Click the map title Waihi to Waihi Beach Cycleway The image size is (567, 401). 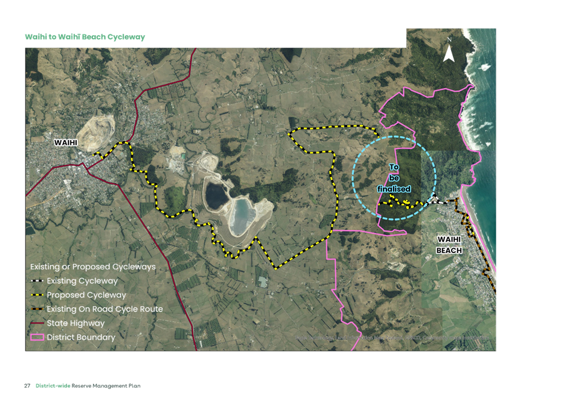(85, 37)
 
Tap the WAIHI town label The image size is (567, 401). (66, 143)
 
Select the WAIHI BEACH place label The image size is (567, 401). (449, 245)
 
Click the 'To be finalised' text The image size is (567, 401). (394, 178)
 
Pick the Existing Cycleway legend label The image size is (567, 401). (82, 281)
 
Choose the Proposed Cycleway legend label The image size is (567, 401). (86, 295)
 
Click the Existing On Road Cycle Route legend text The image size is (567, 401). (104, 309)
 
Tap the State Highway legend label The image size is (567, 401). (75, 323)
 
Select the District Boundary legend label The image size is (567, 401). (81, 337)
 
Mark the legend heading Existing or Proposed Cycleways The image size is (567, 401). (93, 266)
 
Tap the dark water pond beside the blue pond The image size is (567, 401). (216, 194)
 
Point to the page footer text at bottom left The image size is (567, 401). (85, 385)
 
